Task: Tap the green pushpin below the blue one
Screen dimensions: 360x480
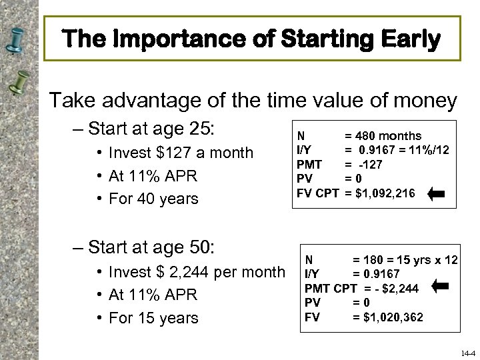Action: click(19, 82)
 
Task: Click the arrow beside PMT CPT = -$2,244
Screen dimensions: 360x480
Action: click(441, 287)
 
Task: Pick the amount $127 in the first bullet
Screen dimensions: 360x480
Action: click(171, 153)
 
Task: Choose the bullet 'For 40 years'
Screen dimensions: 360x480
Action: click(154, 199)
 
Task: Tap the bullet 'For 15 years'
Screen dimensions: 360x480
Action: click(154, 318)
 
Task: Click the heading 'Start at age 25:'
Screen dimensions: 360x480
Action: click(150, 127)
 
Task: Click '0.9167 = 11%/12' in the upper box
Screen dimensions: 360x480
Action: click(403, 149)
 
